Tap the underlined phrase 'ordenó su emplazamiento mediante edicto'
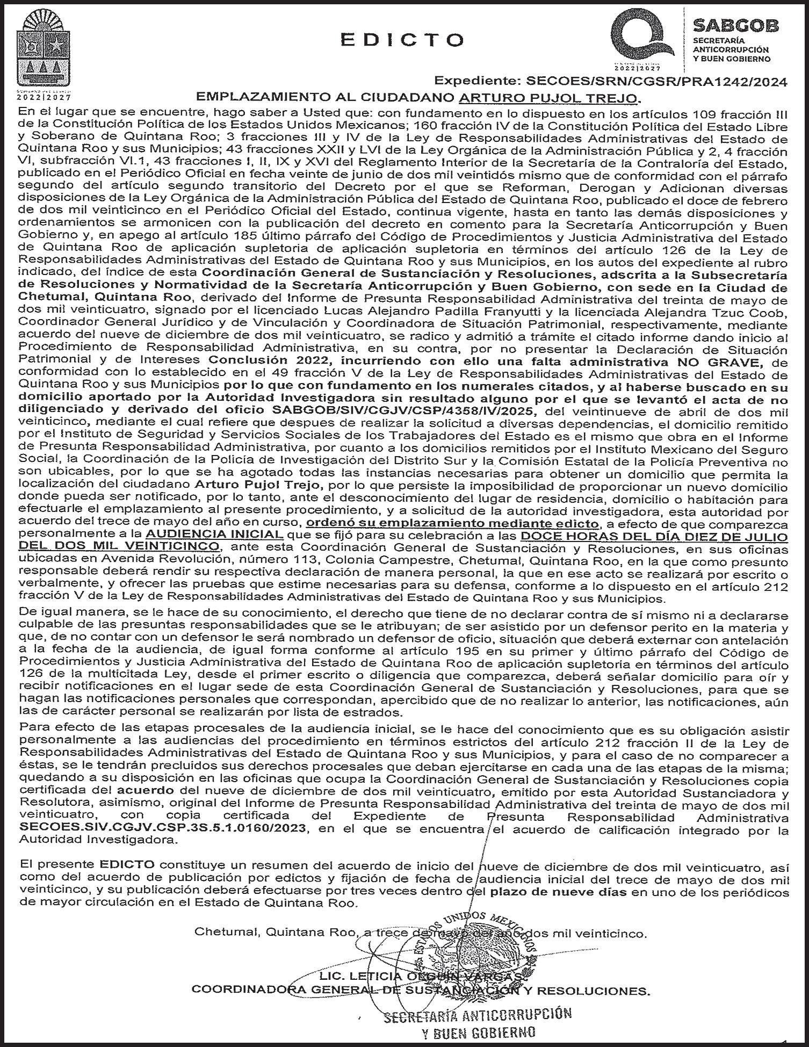pyautogui.click(x=452, y=523)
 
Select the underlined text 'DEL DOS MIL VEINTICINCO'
pyautogui.click(x=119, y=546)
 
